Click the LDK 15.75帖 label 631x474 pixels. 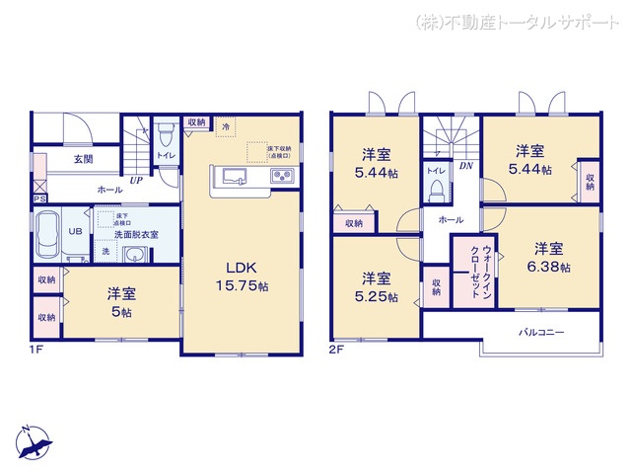pyautogui.click(x=242, y=277)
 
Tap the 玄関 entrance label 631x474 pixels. pyautogui.click(x=83, y=158)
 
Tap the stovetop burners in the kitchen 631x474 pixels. pyautogui.click(x=281, y=177)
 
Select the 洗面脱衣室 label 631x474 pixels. pyautogui.click(x=137, y=234)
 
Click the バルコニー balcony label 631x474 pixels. pyautogui.click(x=541, y=333)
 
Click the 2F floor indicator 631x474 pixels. pyautogui.click(x=337, y=349)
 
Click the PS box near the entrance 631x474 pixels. pyautogui.click(x=39, y=198)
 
